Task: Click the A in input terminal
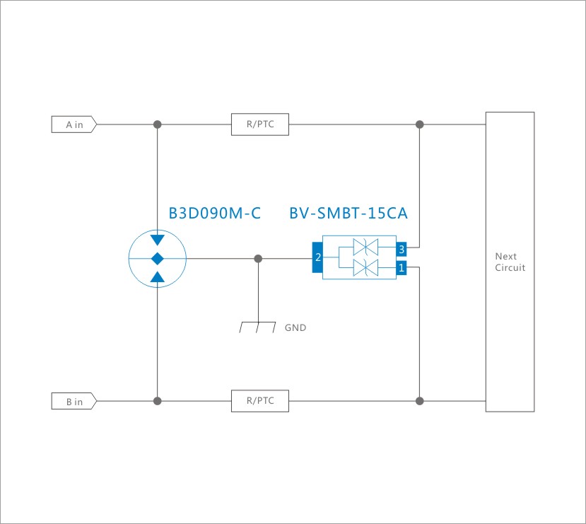click(74, 124)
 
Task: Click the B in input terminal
click(74, 402)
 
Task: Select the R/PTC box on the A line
click(261, 124)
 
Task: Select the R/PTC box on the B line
click(261, 402)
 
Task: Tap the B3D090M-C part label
click(215, 213)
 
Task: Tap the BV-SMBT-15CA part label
click(348, 213)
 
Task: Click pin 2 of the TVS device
click(317, 257)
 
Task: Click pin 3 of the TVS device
click(401, 249)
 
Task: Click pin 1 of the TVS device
click(401, 268)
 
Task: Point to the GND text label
click(295, 328)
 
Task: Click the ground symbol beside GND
click(257, 327)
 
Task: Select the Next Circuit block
click(510, 262)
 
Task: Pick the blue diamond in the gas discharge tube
click(157, 258)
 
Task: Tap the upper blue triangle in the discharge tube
click(157, 239)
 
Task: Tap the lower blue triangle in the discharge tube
click(157, 277)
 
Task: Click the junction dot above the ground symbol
click(258, 258)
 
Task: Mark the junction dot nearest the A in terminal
click(157, 124)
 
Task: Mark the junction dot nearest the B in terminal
click(157, 401)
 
